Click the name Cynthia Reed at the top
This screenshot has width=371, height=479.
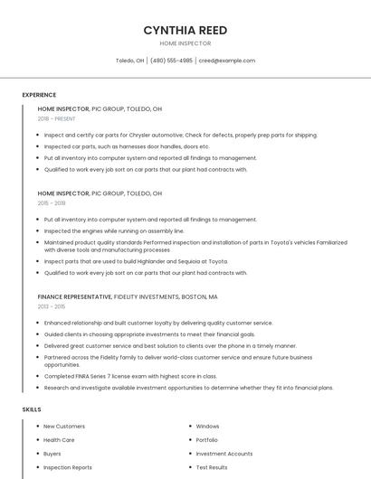pyautogui.click(x=185, y=30)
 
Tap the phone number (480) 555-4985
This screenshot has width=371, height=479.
pyautogui.click(x=171, y=61)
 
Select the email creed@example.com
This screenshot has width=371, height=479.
pyautogui.click(x=227, y=61)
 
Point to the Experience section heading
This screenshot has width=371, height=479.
pyautogui.click(x=39, y=95)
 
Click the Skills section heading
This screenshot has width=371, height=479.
pyautogui.click(x=32, y=409)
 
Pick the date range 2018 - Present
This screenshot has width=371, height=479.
pyautogui.click(x=57, y=118)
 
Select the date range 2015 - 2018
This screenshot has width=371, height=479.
pyautogui.click(x=52, y=203)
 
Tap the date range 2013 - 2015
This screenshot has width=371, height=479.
pyautogui.click(x=52, y=306)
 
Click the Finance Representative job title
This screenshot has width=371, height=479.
pyautogui.click(x=74, y=296)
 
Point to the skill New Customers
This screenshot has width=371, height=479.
pyautogui.click(x=64, y=426)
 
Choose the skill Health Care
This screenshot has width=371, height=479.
pyautogui.click(x=59, y=440)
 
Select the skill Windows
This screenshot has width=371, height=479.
pyautogui.click(x=207, y=426)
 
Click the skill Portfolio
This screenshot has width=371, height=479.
pyautogui.click(x=207, y=440)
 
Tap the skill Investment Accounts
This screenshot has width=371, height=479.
pyautogui.click(x=224, y=454)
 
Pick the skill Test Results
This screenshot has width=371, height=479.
pyautogui.click(x=211, y=467)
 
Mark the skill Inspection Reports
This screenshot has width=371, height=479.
pyautogui.click(x=68, y=467)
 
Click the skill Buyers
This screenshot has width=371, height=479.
pyautogui.click(x=52, y=454)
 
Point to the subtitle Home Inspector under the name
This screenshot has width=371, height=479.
pyautogui.click(x=185, y=43)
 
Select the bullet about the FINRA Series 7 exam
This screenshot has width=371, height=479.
pyautogui.click(x=130, y=376)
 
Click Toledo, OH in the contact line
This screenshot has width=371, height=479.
pyautogui.click(x=129, y=61)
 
